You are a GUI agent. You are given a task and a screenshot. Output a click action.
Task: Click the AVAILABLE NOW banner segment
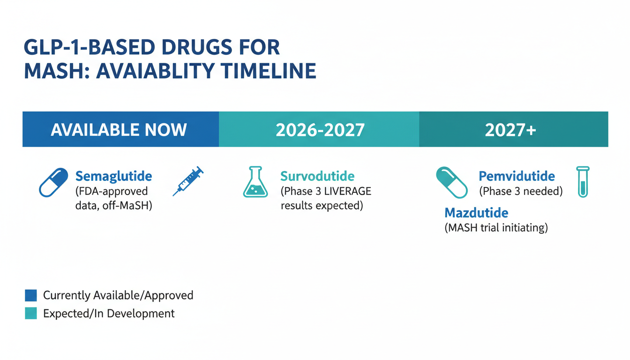120,129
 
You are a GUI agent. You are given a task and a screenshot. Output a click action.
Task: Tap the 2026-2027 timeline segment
319,129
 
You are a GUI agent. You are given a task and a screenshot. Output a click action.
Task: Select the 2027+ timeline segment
514,129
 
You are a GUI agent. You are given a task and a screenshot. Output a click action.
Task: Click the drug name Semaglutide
113,176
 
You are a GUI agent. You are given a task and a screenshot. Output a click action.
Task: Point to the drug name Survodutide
317,176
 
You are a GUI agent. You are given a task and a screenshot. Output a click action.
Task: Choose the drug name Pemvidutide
517,176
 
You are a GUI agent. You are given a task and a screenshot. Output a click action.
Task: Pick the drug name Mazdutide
476,213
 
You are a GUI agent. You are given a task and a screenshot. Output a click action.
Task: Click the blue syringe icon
188,181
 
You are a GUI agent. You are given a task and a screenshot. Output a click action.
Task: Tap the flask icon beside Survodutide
255,182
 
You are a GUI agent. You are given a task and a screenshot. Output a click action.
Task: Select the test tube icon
583,182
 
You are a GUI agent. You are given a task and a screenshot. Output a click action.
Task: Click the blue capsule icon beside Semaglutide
53,182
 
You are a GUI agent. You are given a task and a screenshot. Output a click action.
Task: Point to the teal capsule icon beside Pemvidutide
452,182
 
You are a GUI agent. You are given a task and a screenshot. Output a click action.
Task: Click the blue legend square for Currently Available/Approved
31,295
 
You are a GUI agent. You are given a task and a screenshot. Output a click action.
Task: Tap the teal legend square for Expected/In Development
31,313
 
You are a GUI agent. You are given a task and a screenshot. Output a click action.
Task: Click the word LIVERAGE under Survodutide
348,191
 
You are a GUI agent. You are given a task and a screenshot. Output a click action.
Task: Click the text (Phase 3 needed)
521,192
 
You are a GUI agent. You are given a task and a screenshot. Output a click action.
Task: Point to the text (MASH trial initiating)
496,227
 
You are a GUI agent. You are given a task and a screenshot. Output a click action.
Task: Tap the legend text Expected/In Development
109,313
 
